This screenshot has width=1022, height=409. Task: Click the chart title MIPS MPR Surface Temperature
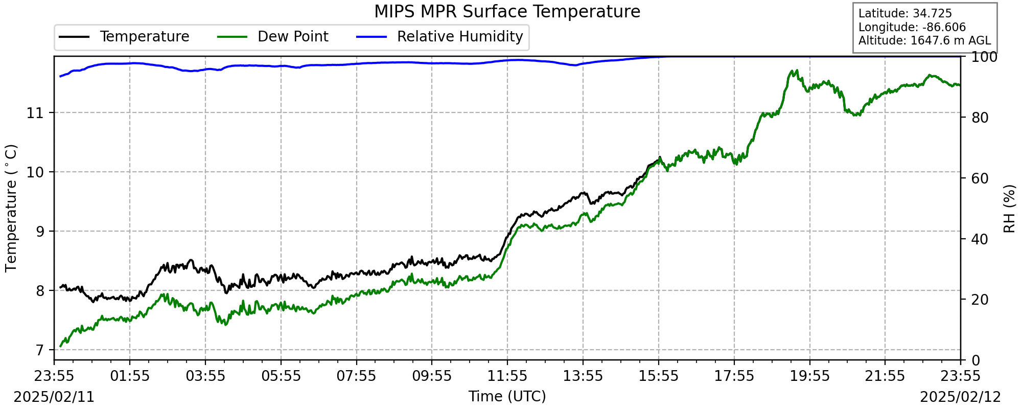pyautogui.click(x=507, y=11)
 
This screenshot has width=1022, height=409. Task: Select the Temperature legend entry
pyautogui.click(x=144, y=37)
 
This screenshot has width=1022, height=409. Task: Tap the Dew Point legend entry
pyautogui.click(x=293, y=37)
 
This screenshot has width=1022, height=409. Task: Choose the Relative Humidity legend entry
pyautogui.click(x=460, y=37)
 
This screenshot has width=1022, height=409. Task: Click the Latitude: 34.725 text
pyautogui.click(x=898, y=14)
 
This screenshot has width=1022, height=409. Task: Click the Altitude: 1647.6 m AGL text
pyautogui.click(x=924, y=40)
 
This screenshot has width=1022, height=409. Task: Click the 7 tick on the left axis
pyautogui.click(x=40, y=350)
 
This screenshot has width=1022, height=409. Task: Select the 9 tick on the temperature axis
pyautogui.click(x=40, y=232)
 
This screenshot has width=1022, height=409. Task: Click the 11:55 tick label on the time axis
pyautogui.click(x=507, y=376)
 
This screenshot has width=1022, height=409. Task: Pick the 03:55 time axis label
pyautogui.click(x=205, y=376)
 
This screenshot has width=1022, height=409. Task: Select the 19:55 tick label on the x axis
pyautogui.click(x=809, y=376)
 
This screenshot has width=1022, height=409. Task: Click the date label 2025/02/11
pyautogui.click(x=54, y=397)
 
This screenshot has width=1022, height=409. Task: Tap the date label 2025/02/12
pyautogui.click(x=960, y=397)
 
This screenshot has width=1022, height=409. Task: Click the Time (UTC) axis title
pyautogui.click(x=507, y=397)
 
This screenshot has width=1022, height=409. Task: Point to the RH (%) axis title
pyautogui.click(x=1009, y=209)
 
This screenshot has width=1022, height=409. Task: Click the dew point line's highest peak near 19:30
pyautogui.click(x=796, y=71)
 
